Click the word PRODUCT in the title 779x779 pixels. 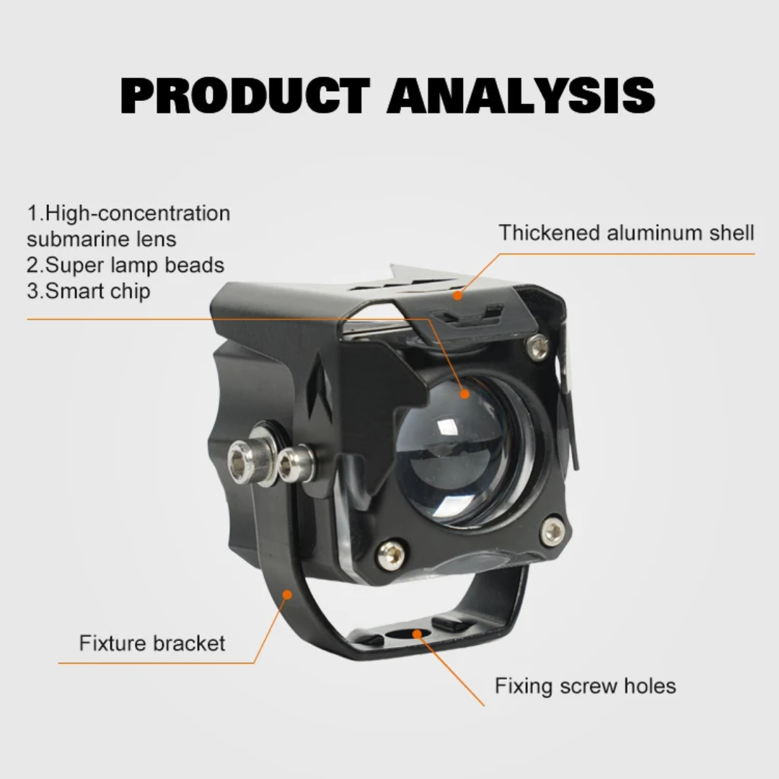click(245, 95)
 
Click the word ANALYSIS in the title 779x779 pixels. click(521, 95)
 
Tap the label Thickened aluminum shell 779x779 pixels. click(626, 233)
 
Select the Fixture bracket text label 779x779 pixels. click(152, 643)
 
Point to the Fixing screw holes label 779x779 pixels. click(585, 685)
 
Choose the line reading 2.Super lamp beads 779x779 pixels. click(126, 265)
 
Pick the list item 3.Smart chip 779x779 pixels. click(89, 291)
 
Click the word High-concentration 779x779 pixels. click(138, 214)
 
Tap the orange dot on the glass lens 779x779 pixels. click(464, 394)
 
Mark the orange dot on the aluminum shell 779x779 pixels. click(457, 295)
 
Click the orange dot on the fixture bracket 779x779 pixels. click(287, 594)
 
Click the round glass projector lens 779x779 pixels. click(454, 451)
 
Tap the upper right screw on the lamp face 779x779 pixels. click(537, 347)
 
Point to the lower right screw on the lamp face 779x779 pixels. click(553, 532)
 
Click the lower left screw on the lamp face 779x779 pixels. click(391, 554)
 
